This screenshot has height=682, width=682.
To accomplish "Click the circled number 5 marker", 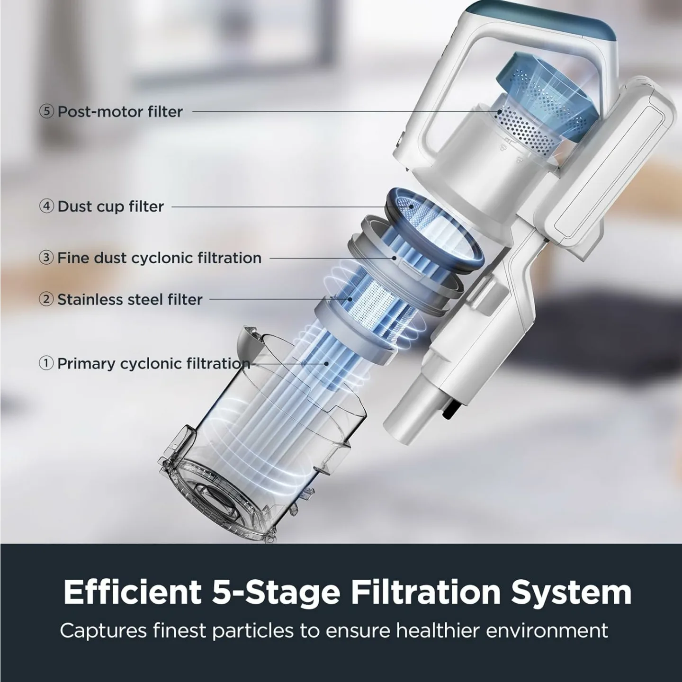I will (46, 112).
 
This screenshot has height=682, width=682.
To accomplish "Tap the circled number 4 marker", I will (46, 206).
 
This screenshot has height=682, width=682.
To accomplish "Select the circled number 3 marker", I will (46, 258).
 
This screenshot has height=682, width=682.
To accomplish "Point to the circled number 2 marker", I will (46, 299).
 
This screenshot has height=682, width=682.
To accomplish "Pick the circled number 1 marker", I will (46, 363).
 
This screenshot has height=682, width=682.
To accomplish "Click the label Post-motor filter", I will (120, 112).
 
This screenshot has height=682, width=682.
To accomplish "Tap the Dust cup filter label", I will (110, 206).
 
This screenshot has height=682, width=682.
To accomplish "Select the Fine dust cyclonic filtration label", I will (159, 258).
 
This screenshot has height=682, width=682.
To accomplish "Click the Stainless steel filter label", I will (130, 299).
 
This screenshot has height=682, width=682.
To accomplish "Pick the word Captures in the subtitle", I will (103, 631).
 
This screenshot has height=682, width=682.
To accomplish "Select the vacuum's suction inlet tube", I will (407, 407).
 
